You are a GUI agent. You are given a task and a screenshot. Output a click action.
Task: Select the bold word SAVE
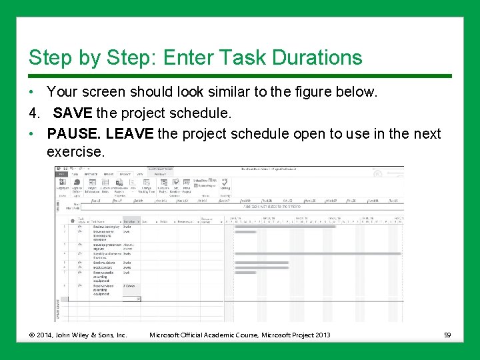72,112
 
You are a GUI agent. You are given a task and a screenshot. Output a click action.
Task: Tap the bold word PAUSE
73,133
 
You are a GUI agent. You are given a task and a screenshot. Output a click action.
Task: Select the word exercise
75,152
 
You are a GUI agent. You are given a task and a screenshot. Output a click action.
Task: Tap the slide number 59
448,335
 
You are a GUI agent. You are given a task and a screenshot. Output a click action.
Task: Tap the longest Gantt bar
318,253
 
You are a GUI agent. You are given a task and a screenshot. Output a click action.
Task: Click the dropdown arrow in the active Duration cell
138,299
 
